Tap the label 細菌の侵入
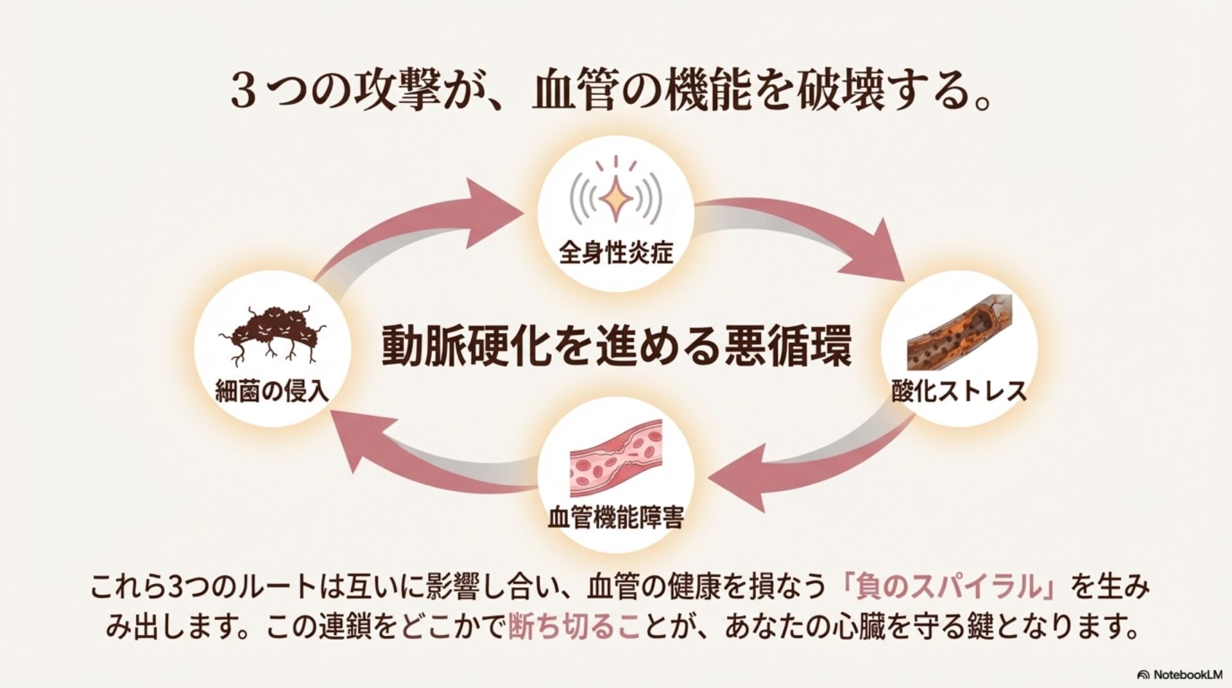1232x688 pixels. click(x=272, y=391)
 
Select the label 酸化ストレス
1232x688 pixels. click(x=959, y=390)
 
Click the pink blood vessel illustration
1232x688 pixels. click(x=615, y=460)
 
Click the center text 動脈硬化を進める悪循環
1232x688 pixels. click(x=616, y=347)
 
